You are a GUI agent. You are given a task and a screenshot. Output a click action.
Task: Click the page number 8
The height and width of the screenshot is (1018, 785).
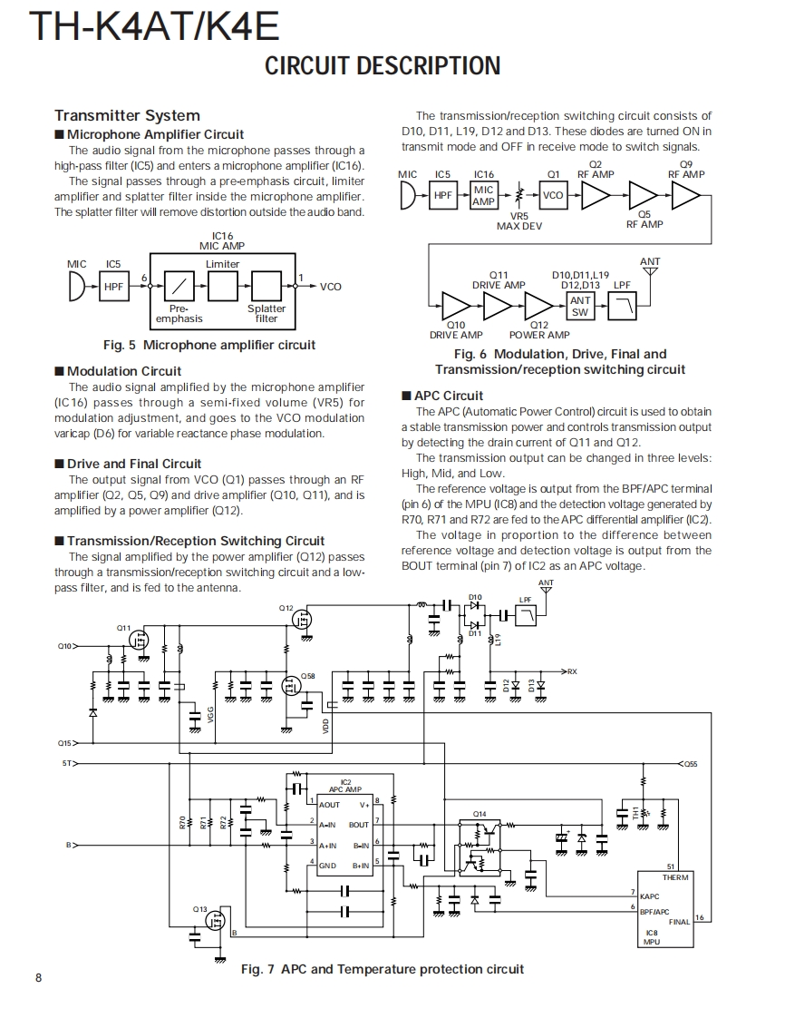tap(38, 977)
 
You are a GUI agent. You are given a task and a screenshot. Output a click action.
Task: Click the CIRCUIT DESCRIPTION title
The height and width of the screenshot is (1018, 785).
tap(383, 66)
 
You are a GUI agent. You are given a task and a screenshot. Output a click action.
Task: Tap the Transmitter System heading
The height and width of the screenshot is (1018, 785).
tap(127, 115)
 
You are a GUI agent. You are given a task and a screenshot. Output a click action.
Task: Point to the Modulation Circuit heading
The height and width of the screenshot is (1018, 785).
tap(123, 371)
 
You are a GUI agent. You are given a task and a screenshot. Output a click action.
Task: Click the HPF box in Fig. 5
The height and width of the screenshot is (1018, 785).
tap(113, 287)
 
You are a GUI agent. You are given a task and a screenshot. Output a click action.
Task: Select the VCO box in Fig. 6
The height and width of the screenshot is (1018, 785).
tap(553, 195)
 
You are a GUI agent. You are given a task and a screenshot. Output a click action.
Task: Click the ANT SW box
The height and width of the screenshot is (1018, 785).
tap(580, 306)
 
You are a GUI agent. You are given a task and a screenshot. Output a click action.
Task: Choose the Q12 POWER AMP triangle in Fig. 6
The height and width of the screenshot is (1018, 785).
tap(539, 306)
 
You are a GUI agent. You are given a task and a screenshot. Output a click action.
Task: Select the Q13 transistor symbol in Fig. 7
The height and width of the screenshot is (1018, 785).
tap(216, 921)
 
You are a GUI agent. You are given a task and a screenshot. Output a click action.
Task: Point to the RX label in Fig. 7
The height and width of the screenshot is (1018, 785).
tap(572, 671)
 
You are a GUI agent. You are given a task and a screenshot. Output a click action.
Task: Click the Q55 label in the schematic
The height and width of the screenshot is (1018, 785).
tap(690, 764)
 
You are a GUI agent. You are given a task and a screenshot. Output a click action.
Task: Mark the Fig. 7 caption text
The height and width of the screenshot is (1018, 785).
tap(383, 969)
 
